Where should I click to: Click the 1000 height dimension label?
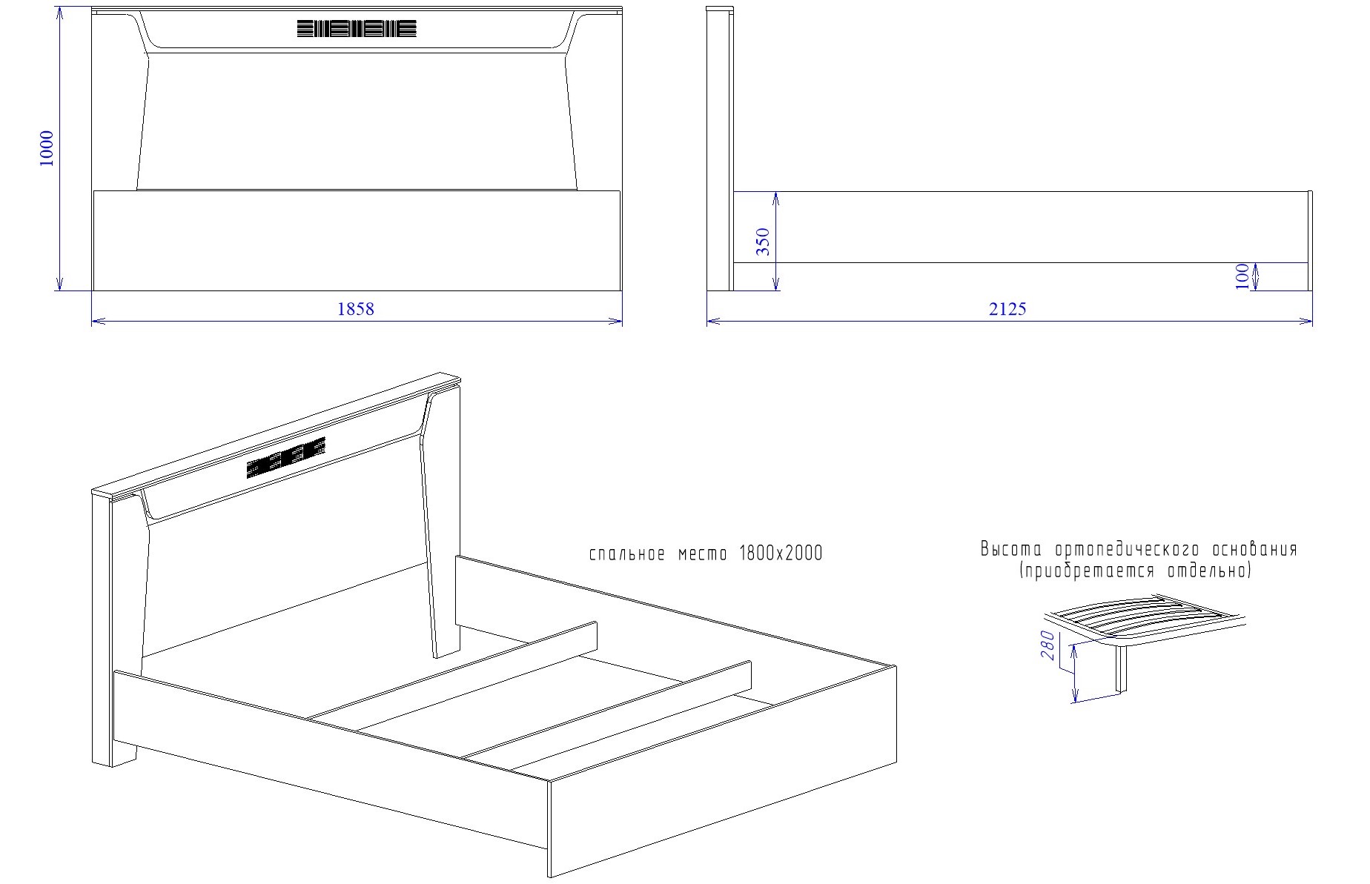pyautogui.click(x=46, y=148)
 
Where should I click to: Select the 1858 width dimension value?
pyautogui.click(x=356, y=309)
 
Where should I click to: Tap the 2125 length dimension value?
pyautogui.click(x=1007, y=309)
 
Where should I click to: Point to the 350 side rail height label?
pyautogui.click(x=763, y=242)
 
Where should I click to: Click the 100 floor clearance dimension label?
pyautogui.click(x=1242, y=276)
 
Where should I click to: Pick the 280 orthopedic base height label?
pyautogui.click(x=1048, y=645)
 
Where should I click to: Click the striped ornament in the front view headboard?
pyautogui.click(x=357, y=29)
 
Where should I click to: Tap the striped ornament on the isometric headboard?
pyautogui.click(x=286, y=457)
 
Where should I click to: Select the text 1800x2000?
pyautogui.click(x=781, y=554)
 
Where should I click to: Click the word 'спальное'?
pyautogui.click(x=626, y=554)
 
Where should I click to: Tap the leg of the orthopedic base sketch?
pyautogui.click(x=1122, y=668)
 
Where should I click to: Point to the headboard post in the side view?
pyautogui.click(x=720, y=149)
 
